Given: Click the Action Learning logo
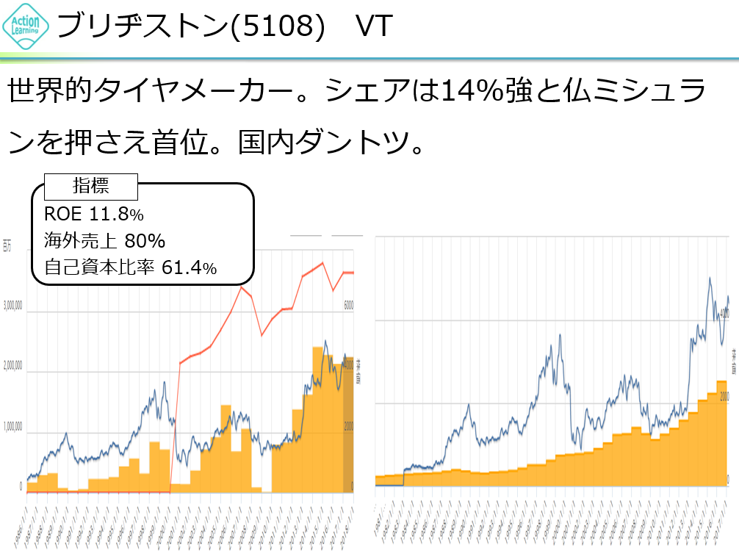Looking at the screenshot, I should coord(26,26).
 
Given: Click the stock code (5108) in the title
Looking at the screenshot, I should coord(278,27).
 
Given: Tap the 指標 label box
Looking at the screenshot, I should coord(91,187).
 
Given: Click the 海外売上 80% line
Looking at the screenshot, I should coord(104,241).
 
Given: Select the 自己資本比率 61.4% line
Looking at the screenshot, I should coord(130,268).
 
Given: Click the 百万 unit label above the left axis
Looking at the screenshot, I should coord(7,245).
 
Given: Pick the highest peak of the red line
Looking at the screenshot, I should coord(323,263).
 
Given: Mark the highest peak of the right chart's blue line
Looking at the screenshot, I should coord(710,278).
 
